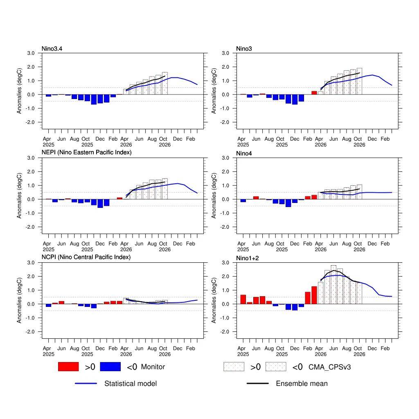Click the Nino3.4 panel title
pyautogui.click(x=52, y=49)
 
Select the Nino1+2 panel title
pyautogui.click(x=248, y=258)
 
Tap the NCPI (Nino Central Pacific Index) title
pyautogui.click(x=86, y=257)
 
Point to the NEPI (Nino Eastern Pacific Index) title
pyautogui.click(x=87, y=152)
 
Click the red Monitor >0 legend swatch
pyautogui.click(x=68, y=367)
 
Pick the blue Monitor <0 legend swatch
pyautogui.click(x=110, y=367)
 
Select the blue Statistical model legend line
pyautogui.click(x=86, y=383)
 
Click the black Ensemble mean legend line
pyautogui.click(x=258, y=383)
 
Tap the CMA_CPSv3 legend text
pyautogui.click(x=329, y=367)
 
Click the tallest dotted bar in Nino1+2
pyautogui.click(x=333, y=285)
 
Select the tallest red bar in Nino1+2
pyautogui.click(x=314, y=295)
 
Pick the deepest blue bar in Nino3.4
pyautogui.click(x=94, y=99)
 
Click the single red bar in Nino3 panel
pyautogui.click(x=314, y=93)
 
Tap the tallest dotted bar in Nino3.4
pyautogui.click(x=165, y=83)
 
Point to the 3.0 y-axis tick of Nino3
pyautogui.click(x=225, y=53)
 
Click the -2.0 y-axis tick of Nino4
pyautogui.click(x=225, y=227)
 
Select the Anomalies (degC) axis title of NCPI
pyautogui.click(x=19, y=300)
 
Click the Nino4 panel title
pyautogui.click(x=244, y=153)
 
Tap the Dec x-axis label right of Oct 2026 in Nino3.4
pyautogui.click(x=178, y=139)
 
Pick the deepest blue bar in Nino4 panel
pyautogui.click(x=288, y=203)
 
